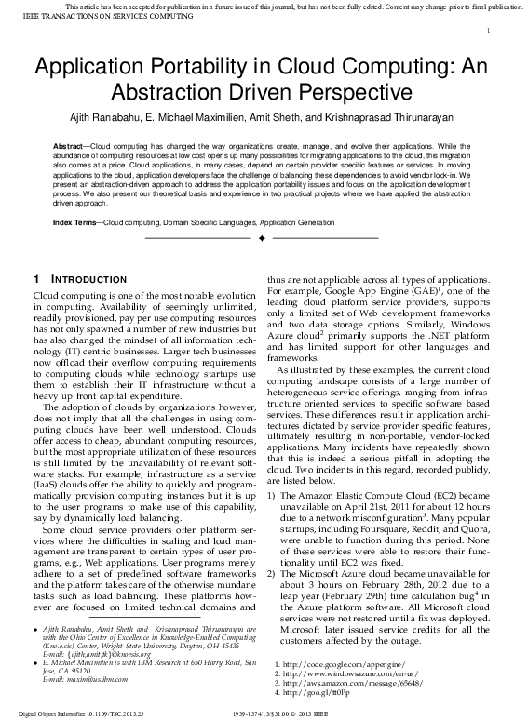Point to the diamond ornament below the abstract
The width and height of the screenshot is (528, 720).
(263, 239)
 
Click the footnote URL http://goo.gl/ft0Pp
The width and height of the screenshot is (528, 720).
(306, 692)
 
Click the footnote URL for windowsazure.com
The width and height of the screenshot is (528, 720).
(332, 673)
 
